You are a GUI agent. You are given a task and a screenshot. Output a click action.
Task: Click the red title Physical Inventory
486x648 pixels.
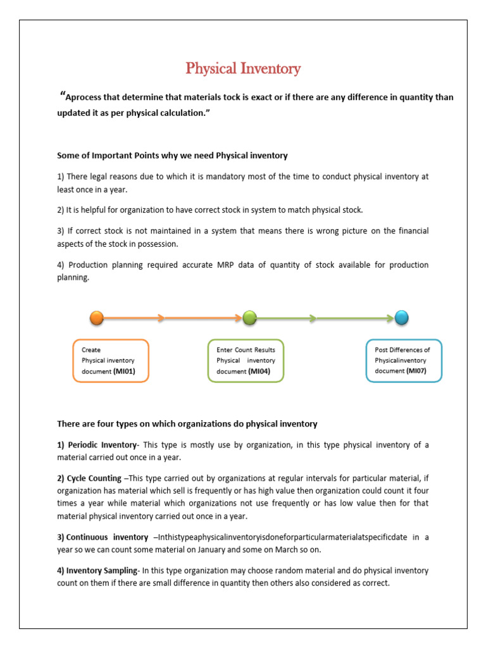[x=243, y=68]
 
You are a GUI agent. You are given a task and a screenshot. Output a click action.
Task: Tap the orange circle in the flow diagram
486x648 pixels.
[x=97, y=318]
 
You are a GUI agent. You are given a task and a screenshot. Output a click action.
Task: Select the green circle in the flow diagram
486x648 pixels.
[x=249, y=318]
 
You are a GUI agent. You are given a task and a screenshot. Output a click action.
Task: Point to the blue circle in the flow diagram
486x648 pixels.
[x=401, y=318]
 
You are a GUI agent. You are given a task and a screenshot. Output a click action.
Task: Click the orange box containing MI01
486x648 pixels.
[x=111, y=361]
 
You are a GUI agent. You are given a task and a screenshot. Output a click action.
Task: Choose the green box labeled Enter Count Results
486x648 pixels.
[x=246, y=361]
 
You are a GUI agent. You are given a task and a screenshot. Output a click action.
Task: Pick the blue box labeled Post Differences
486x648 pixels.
[x=404, y=361]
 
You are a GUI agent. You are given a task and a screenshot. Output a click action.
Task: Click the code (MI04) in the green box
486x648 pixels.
[x=259, y=371]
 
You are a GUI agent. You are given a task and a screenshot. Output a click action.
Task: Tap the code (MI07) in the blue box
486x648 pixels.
[x=416, y=371]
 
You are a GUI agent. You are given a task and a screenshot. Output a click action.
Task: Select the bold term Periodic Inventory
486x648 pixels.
[x=101, y=445]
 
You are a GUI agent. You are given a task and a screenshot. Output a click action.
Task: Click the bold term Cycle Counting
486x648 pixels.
[x=96, y=478]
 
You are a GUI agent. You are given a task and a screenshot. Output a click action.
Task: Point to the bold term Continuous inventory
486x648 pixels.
[x=104, y=537]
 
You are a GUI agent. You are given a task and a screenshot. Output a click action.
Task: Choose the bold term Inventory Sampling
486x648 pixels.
[x=101, y=571]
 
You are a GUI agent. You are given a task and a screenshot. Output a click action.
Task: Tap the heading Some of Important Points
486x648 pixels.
[x=172, y=155]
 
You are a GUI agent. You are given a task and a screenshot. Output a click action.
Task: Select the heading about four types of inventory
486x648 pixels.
[x=187, y=423]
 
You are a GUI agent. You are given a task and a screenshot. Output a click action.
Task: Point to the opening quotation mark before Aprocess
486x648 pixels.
[x=62, y=96]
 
